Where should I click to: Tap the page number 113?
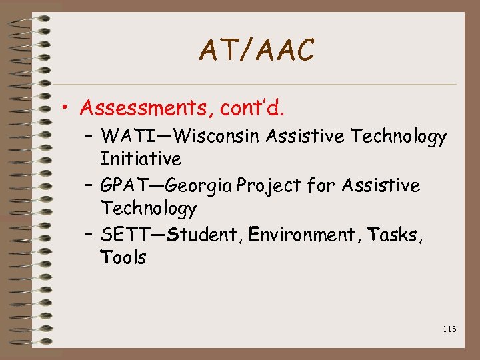tap(449, 329)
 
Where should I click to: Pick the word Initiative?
tap(141, 159)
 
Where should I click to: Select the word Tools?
tap(123, 257)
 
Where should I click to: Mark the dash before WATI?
tap(90, 137)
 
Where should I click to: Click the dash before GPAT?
tap(90, 185)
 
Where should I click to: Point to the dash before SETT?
tap(90, 235)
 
